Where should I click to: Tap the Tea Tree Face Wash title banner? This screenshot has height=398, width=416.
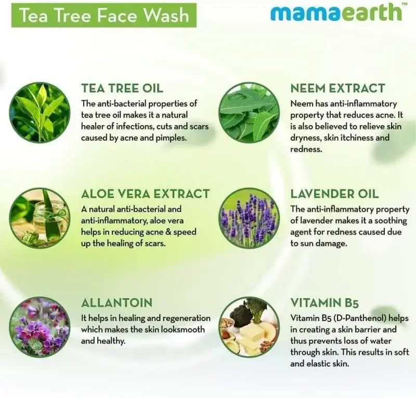[x=103, y=15]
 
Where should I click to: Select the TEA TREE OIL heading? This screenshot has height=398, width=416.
[x=122, y=88]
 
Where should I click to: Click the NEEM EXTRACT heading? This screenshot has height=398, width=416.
[x=337, y=88]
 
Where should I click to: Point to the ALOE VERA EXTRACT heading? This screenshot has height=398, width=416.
[x=146, y=194]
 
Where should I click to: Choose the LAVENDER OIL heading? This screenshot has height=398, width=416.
[x=334, y=194]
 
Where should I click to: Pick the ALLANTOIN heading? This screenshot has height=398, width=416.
[x=116, y=303]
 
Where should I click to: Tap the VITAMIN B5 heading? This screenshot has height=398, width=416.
[x=324, y=303]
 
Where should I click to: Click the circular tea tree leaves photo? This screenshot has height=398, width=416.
[x=40, y=112]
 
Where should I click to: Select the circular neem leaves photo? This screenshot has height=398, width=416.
[x=249, y=112]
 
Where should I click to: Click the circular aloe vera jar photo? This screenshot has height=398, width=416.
[x=40, y=218]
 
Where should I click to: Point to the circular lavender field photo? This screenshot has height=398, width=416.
[x=249, y=218]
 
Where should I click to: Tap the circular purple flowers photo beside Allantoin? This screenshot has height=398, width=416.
[x=40, y=327]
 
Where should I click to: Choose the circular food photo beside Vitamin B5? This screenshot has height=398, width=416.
[x=249, y=327]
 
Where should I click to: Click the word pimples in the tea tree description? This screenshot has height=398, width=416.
[x=170, y=138]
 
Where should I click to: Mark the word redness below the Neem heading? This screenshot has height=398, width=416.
[x=306, y=149]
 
